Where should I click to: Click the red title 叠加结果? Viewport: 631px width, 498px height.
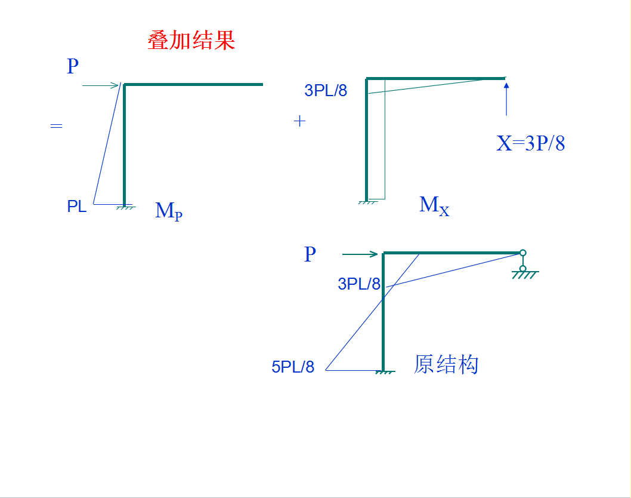[191, 41]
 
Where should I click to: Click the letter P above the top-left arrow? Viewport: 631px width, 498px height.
[73, 66]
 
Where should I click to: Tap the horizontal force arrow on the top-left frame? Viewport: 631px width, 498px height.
[101, 85]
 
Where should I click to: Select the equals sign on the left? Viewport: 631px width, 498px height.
[56, 126]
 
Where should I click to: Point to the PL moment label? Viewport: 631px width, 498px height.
[77, 207]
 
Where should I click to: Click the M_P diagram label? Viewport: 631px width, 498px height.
[168, 211]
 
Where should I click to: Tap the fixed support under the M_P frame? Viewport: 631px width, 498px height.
[125, 207]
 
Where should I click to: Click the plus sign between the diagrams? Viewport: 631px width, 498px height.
[299, 121]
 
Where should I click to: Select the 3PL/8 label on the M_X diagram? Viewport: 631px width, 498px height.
[326, 91]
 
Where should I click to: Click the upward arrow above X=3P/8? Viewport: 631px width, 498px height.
[506, 99]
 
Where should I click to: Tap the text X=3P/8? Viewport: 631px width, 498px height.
[530, 143]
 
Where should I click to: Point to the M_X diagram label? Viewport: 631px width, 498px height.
[434, 205]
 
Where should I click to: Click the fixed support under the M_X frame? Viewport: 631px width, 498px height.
[367, 202]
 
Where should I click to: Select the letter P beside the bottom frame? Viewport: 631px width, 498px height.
[310, 254]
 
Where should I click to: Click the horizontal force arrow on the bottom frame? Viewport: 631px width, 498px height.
[360, 254]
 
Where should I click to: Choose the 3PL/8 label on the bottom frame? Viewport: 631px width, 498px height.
[359, 284]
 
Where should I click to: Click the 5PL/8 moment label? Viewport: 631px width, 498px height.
[293, 367]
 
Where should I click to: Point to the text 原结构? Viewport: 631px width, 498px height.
[446, 364]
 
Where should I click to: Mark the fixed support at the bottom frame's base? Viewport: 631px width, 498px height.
[385, 372]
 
